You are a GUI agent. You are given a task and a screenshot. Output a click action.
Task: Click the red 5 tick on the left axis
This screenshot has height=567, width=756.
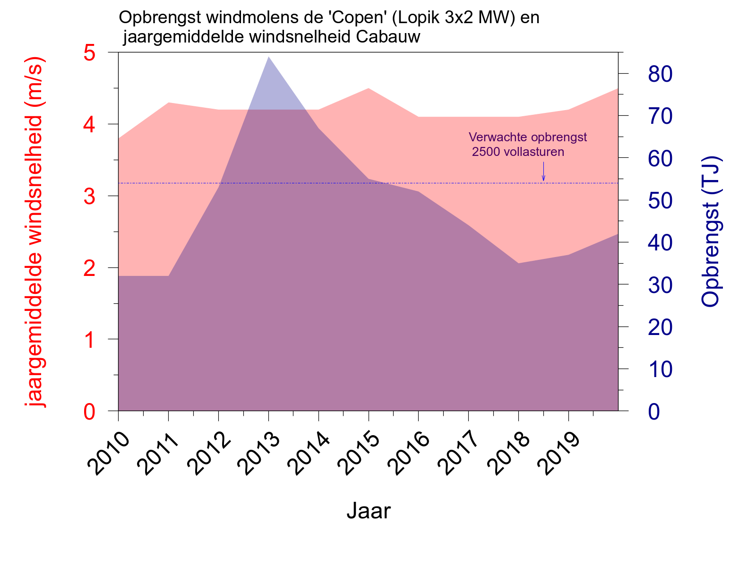click(x=89, y=53)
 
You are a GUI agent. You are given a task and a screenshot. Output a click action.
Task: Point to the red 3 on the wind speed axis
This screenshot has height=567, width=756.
click(x=89, y=197)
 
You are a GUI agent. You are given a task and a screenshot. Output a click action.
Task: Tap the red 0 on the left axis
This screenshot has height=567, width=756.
click(x=89, y=412)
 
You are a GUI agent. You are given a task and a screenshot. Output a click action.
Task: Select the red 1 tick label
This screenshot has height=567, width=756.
click(x=89, y=340)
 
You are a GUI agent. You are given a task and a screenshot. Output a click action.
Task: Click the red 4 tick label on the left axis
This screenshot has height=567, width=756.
click(x=89, y=125)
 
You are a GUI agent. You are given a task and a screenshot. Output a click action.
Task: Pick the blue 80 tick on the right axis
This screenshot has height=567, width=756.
click(x=660, y=74)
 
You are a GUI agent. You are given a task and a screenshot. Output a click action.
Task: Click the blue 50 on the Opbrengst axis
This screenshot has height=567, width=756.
click(x=660, y=201)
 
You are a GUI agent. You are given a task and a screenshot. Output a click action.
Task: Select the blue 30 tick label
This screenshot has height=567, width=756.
click(x=660, y=285)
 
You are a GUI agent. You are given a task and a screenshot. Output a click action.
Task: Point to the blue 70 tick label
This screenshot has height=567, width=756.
click(x=660, y=116)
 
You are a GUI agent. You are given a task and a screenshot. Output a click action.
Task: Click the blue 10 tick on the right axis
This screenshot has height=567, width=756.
click(x=660, y=369)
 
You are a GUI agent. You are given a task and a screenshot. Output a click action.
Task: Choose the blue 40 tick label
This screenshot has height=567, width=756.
click(x=660, y=243)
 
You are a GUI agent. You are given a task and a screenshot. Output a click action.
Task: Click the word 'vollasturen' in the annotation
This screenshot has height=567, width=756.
click(x=534, y=152)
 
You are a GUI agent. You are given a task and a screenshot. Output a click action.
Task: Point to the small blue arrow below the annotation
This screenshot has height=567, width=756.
click(x=543, y=172)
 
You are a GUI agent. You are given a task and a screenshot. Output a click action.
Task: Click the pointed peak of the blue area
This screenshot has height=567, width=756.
click(x=268, y=58)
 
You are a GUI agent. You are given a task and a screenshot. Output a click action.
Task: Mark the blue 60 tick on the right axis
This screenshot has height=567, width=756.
click(x=660, y=159)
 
